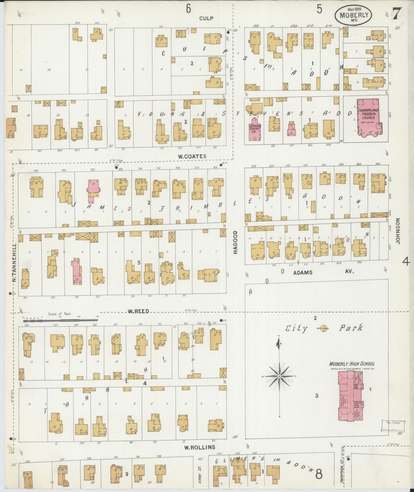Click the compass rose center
279,376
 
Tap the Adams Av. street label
323,272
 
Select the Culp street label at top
206,18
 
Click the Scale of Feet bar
60,319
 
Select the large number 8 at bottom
319,474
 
